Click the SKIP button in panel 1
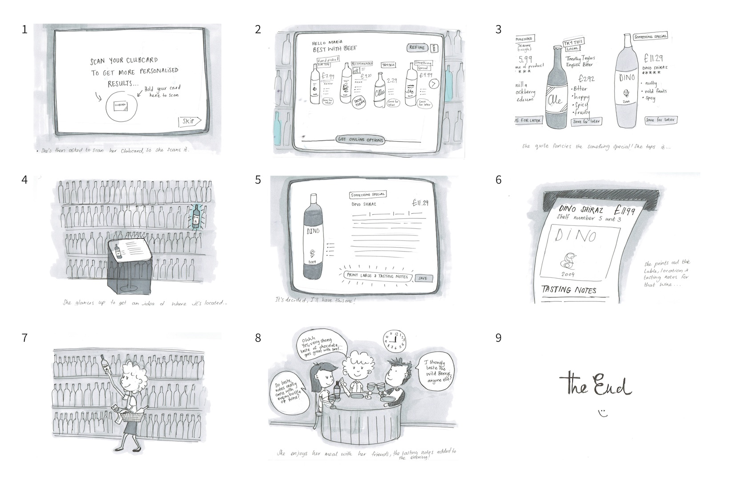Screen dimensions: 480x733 189,121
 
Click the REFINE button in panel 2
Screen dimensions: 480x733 417,48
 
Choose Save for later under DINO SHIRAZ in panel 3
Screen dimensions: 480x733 661,120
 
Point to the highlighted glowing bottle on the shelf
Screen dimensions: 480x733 196,216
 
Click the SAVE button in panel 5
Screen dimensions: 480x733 423,278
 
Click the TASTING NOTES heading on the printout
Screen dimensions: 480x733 569,290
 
